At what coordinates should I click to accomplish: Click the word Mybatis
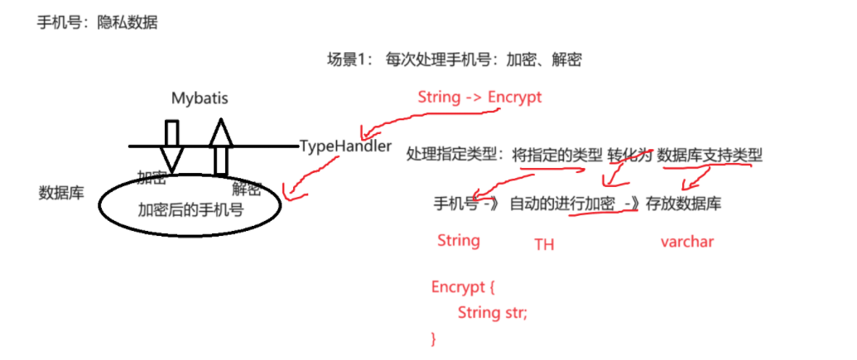(200, 98)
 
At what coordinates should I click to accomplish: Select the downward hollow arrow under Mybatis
(171, 146)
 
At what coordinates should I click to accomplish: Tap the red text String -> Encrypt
(479, 97)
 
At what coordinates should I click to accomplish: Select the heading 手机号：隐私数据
(98, 23)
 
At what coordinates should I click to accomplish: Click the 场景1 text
(347, 60)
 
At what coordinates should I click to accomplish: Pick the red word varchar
(686, 242)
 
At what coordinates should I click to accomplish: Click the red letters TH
(544, 243)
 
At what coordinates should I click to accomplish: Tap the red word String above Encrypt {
(458, 240)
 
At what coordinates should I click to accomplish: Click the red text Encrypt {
(463, 288)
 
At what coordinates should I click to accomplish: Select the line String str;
(492, 314)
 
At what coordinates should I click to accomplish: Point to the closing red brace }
(433, 338)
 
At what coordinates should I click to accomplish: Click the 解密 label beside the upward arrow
(247, 189)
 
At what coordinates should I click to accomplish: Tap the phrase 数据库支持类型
(710, 156)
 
